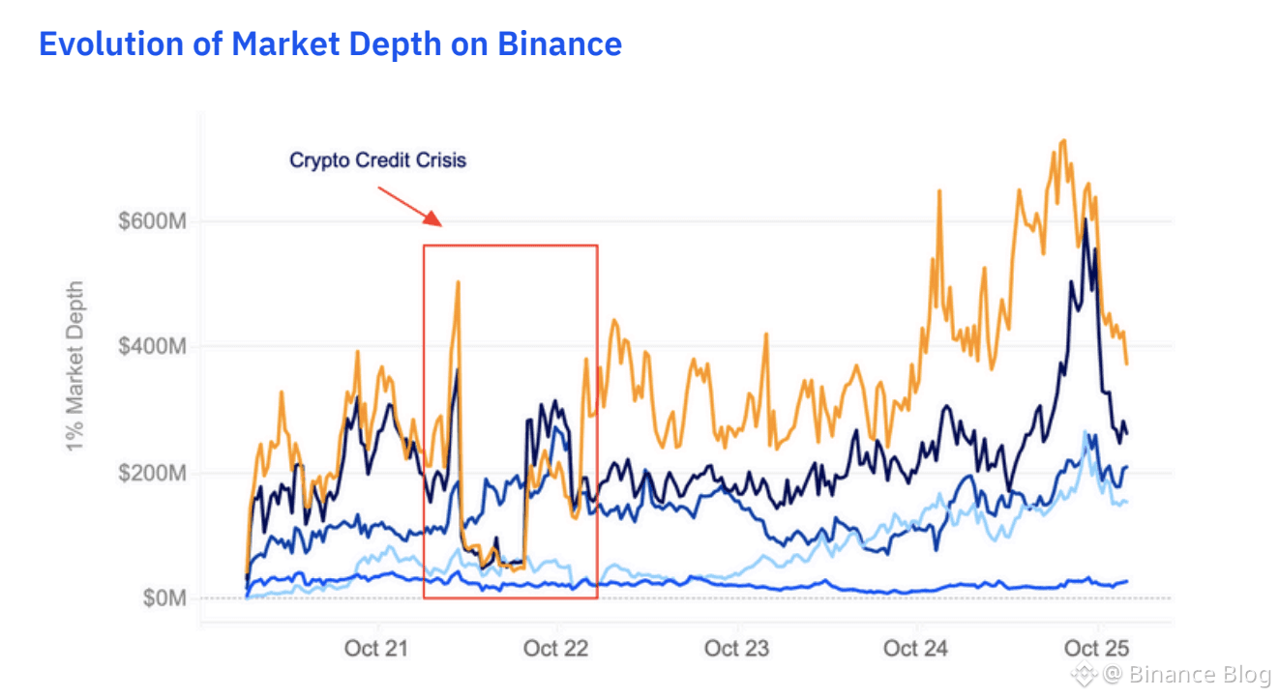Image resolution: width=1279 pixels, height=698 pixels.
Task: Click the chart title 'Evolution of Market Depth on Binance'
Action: click(x=330, y=44)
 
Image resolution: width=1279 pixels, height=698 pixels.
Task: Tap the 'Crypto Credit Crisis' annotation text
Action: click(x=377, y=160)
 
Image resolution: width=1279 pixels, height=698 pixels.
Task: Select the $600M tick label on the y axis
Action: click(x=152, y=221)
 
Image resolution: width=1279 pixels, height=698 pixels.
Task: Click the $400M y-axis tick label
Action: click(x=152, y=346)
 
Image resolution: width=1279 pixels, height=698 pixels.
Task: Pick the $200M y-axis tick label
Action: click(x=152, y=473)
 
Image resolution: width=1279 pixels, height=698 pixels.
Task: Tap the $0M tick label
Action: click(x=164, y=598)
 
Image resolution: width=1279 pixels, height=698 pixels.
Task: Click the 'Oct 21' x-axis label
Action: click(x=376, y=648)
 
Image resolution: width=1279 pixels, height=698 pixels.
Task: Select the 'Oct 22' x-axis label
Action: click(x=555, y=648)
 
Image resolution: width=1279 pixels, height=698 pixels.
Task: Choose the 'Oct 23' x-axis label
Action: click(x=736, y=648)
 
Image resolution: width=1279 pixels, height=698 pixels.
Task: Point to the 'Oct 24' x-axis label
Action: click(x=915, y=648)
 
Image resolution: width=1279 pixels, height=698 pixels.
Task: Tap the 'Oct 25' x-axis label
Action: click(x=1096, y=648)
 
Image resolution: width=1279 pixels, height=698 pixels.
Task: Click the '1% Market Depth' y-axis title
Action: click(x=74, y=364)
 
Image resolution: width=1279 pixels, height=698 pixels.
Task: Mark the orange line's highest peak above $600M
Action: click(x=1063, y=141)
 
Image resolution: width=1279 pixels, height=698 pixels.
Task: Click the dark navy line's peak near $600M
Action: click(x=1086, y=220)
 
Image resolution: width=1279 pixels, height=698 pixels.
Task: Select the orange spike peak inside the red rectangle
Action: click(x=458, y=282)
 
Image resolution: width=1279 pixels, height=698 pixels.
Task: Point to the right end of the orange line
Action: click(x=1126, y=363)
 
